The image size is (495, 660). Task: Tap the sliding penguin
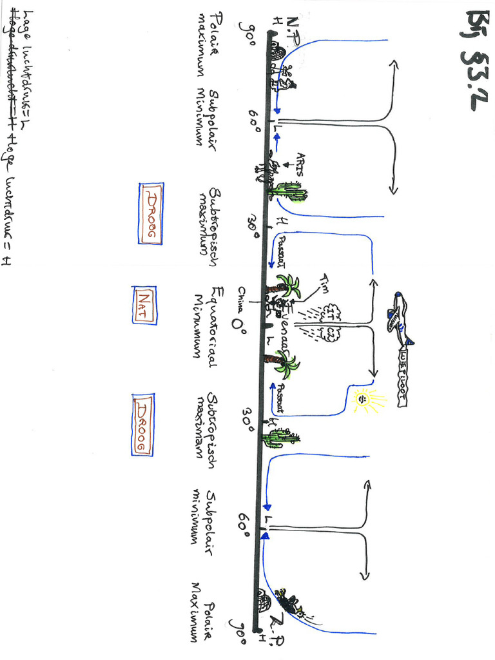tap(287, 602)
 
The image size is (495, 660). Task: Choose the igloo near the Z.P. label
tap(264, 602)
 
